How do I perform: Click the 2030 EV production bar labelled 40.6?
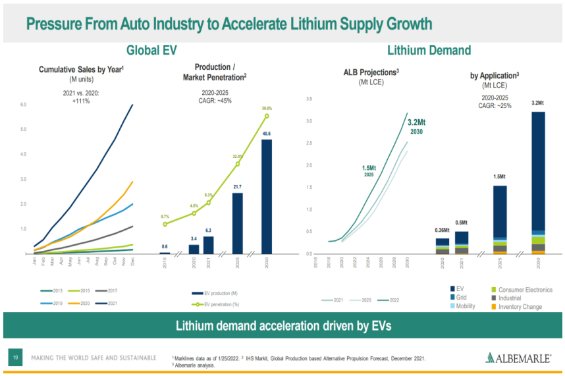click(x=266, y=196)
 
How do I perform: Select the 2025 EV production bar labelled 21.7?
click(x=237, y=223)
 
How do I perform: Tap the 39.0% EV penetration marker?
click(x=267, y=116)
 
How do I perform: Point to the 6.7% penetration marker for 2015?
click(x=165, y=224)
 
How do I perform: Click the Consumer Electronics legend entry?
click(x=520, y=290)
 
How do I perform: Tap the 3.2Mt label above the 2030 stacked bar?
click(x=537, y=103)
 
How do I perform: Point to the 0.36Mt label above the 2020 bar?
click(x=443, y=230)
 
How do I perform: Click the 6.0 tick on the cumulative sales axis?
click(x=23, y=105)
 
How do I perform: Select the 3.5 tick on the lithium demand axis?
click(x=309, y=99)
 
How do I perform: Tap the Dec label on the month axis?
click(x=133, y=262)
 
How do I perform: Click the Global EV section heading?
click(x=151, y=50)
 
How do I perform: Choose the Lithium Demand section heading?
click(x=429, y=50)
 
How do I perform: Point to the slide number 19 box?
click(x=14, y=358)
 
